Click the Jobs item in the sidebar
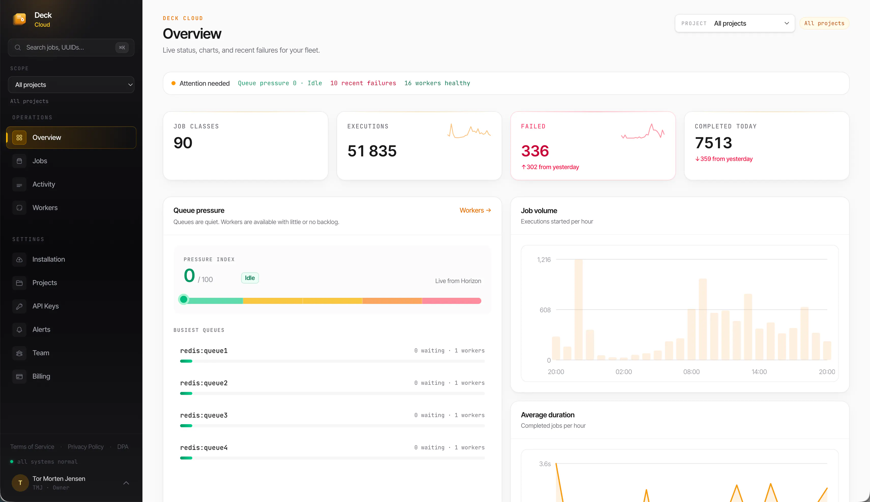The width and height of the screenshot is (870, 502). [39, 161]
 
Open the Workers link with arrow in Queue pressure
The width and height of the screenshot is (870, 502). [475, 210]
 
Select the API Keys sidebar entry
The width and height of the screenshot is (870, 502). [45, 306]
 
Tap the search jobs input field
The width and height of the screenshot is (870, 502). [71, 48]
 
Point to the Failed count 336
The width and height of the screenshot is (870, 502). [535, 151]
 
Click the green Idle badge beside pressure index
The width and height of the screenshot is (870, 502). [250, 278]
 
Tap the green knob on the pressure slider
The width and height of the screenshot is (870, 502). [184, 299]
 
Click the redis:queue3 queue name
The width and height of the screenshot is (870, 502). [204, 415]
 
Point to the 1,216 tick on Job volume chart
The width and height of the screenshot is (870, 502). [544, 260]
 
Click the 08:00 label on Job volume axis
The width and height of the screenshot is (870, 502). [691, 372]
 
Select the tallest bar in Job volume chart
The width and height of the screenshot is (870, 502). [579, 309]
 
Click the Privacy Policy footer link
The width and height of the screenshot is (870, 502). [85, 447]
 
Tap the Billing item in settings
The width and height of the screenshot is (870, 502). [41, 376]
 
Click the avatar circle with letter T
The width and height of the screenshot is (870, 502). [20, 483]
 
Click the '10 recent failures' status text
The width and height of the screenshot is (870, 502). [363, 83]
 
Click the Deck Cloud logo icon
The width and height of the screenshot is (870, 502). [19, 19]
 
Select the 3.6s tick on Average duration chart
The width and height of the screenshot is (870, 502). [545, 464]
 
